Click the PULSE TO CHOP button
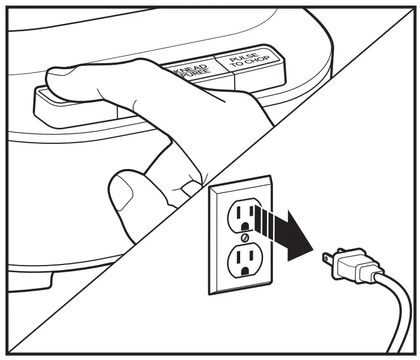click(x=251, y=67)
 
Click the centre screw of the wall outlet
click(x=243, y=238)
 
